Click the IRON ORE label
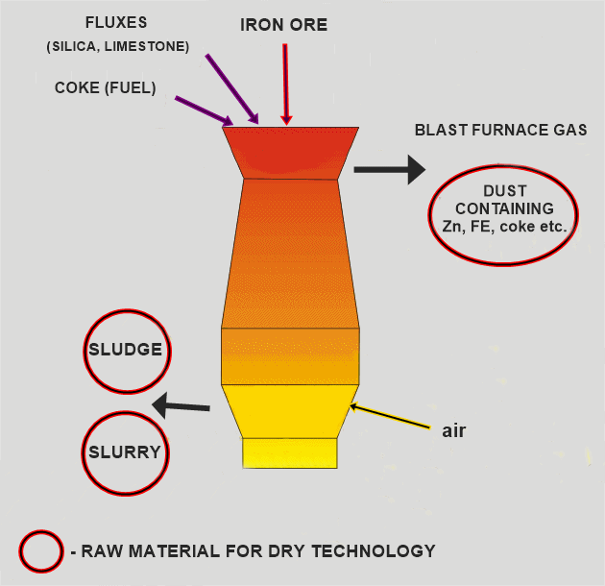coord(283,25)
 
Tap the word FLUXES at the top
coord(116,22)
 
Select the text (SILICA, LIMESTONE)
coord(118,46)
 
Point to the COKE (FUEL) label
coord(106,87)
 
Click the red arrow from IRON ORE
coord(285,85)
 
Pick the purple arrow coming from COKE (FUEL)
coord(205,110)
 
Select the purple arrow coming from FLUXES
coord(231,88)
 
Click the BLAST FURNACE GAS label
coord(500,130)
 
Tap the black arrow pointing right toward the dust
coord(390,170)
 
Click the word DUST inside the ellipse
coord(505,191)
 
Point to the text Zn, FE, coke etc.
coord(504,226)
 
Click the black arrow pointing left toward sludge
coord(181,405)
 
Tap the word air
coord(453,430)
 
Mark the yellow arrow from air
coord(390,415)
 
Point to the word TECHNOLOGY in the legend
coord(374,550)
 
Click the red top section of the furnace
coord(291,153)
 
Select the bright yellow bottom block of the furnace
coord(290,453)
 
